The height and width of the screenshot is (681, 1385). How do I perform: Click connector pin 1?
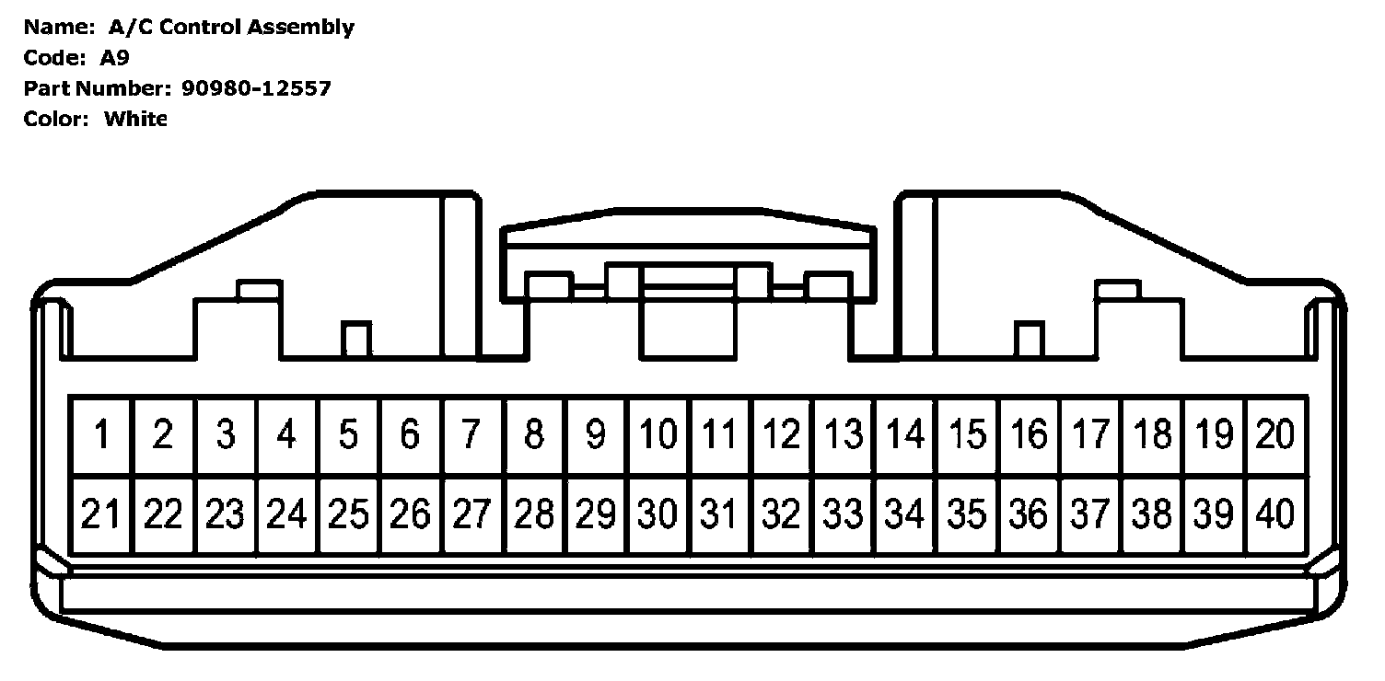point(101,434)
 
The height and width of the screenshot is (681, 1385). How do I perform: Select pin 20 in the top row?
point(1275,434)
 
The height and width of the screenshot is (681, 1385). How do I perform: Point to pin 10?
point(658,434)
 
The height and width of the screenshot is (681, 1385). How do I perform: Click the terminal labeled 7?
point(471,434)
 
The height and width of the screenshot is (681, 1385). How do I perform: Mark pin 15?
point(967,434)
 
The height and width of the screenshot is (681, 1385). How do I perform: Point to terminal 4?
point(286,434)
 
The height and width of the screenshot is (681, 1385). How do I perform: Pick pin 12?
point(782,434)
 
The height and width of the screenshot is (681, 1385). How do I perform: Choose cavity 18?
point(1152,434)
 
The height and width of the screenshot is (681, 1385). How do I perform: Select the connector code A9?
point(115,58)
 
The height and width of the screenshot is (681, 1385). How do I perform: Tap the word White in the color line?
point(135,119)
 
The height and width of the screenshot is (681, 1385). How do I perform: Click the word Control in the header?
point(203,28)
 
